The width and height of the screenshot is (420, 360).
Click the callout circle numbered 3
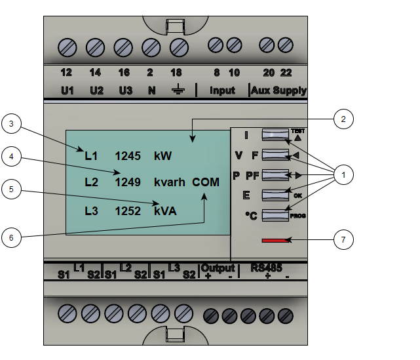click(x=12, y=123)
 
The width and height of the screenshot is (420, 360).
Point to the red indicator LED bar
click(x=275, y=241)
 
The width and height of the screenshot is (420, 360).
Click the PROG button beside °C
click(x=275, y=214)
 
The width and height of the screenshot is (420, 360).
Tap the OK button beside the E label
click(x=275, y=195)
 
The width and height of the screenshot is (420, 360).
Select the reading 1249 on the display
click(x=128, y=182)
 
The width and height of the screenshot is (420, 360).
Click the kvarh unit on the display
click(x=170, y=182)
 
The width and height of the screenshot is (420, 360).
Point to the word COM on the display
click(x=206, y=182)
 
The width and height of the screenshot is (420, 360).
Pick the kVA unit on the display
click(x=165, y=211)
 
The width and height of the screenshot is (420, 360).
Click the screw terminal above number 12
click(x=67, y=47)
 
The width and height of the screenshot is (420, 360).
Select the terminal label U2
click(x=96, y=90)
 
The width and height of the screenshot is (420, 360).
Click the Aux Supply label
click(x=278, y=90)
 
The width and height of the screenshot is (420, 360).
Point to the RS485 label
click(x=268, y=268)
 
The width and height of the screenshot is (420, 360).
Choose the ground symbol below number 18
click(x=176, y=90)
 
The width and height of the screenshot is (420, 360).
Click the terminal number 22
click(x=286, y=73)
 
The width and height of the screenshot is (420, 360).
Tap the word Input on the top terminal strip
click(x=222, y=90)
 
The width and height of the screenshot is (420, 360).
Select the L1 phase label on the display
click(x=91, y=156)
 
